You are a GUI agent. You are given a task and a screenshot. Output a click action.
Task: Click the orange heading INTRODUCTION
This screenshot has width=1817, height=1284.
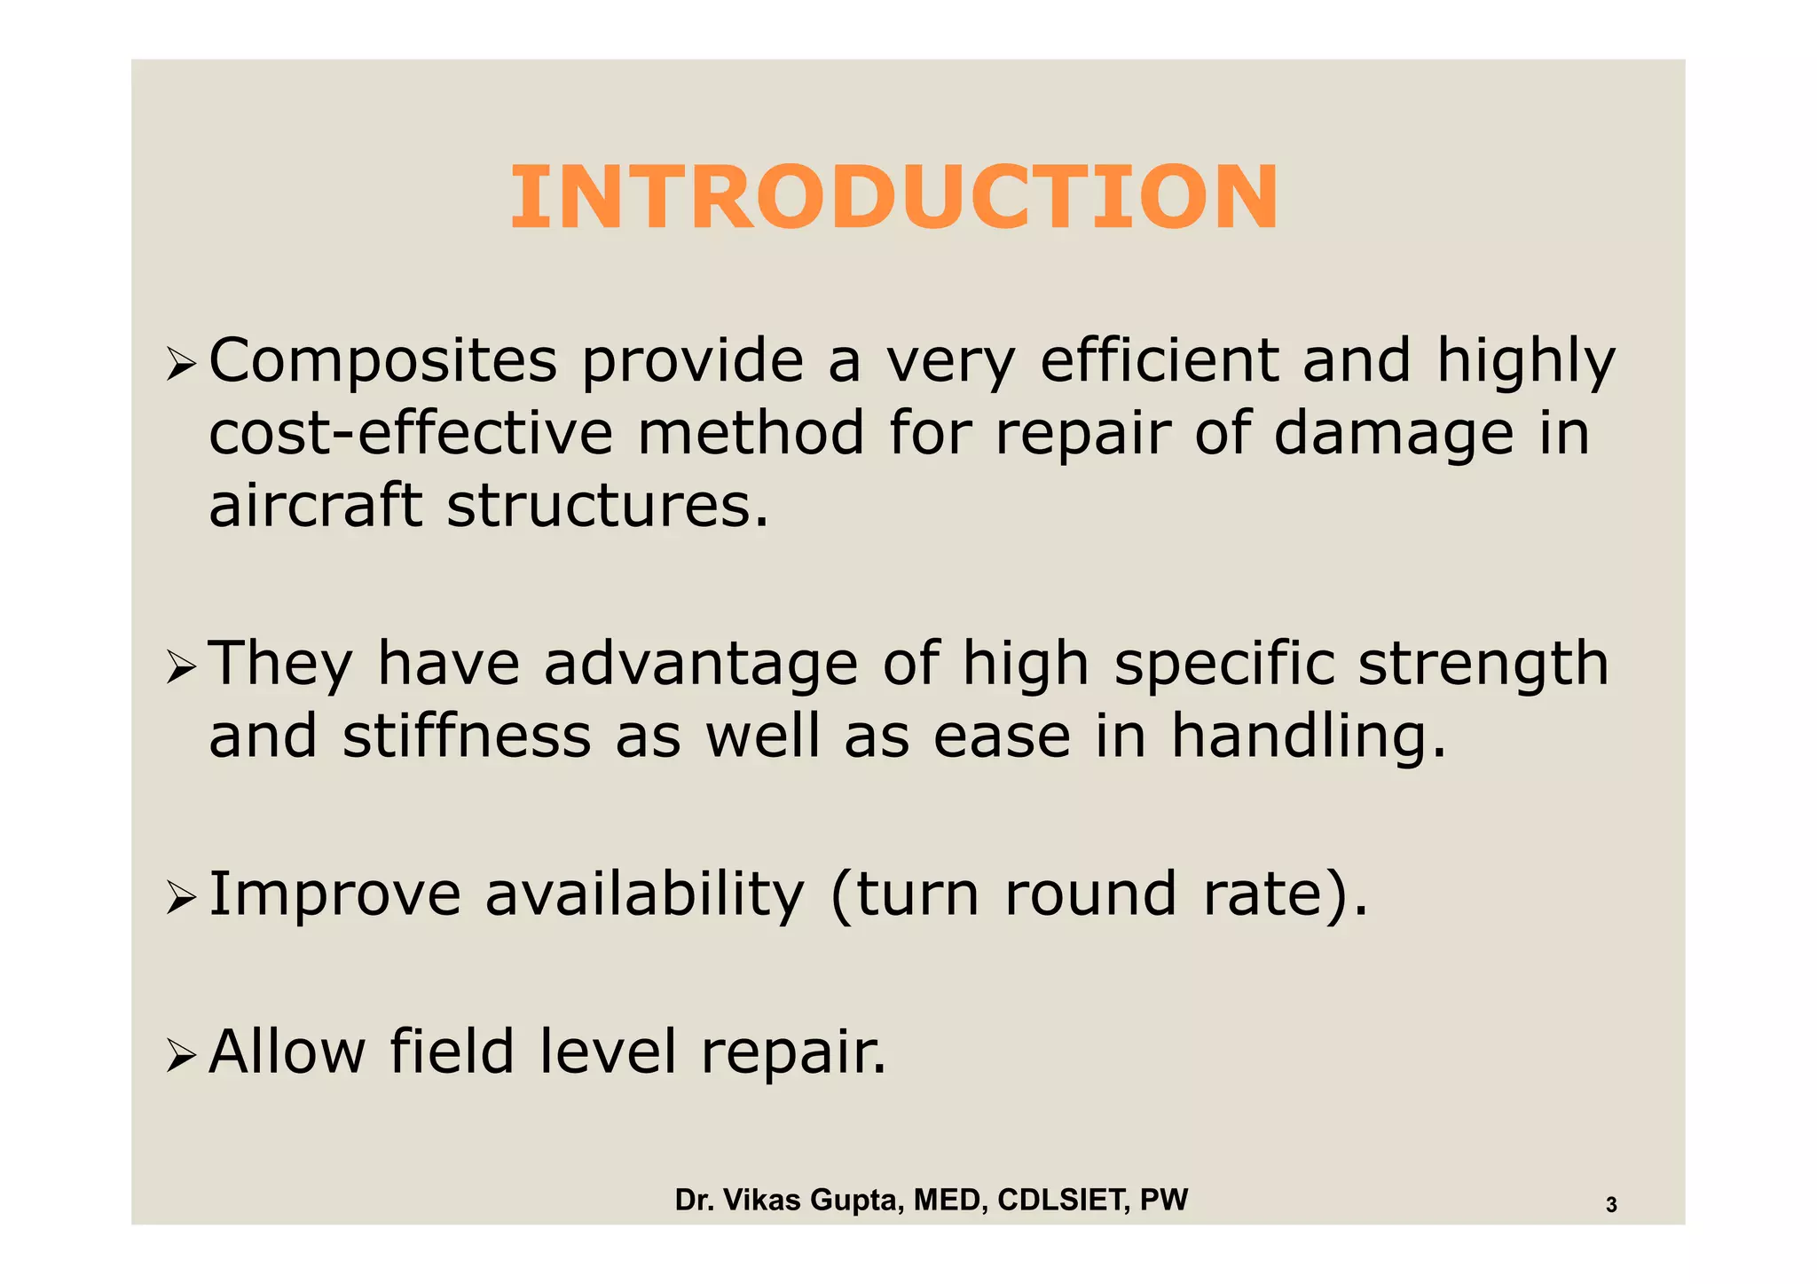[893, 197]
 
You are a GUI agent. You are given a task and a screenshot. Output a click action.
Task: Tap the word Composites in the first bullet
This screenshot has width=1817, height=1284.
[382, 362]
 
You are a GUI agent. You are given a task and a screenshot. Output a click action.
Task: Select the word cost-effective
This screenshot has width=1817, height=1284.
[411, 433]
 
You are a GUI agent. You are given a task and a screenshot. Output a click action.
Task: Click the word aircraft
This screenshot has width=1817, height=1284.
[315, 506]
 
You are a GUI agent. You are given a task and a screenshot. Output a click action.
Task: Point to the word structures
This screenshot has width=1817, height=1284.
[607, 506]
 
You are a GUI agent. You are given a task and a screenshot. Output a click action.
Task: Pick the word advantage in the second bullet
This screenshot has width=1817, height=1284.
[701, 666]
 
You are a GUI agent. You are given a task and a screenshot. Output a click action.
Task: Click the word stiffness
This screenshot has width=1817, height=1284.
[467, 737]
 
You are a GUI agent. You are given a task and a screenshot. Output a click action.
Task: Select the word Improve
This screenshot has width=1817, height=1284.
[334, 894]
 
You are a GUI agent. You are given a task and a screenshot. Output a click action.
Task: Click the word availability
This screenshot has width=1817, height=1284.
[644, 894]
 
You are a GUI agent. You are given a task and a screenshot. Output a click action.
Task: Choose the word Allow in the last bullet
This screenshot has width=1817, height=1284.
[287, 1052]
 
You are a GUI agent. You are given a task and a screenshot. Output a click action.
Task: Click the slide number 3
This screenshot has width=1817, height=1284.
[1611, 1205]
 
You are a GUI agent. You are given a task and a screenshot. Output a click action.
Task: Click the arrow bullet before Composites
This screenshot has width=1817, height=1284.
[180, 365]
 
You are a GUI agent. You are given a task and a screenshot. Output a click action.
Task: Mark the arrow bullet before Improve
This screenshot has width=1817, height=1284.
[180, 899]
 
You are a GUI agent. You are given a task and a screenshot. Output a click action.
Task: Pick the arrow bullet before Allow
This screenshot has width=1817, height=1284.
[180, 1056]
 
